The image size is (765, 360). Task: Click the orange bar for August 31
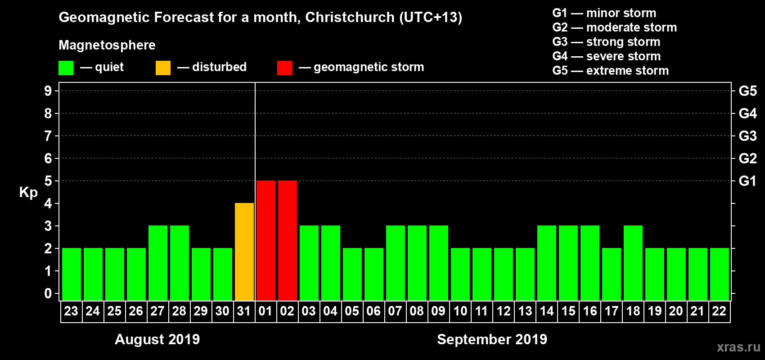pyautogui.click(x=244, y=252)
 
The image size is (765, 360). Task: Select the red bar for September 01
pyautogui.click(x=266, y=240)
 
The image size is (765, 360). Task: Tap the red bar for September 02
pyautogui.click(x=288, y=240)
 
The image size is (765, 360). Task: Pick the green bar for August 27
pyautogui.click(x=158, y=263)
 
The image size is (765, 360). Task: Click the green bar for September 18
pyautogui.click(x=633, y=263)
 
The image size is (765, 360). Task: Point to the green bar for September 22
pyautogui.click(x=720, y=274)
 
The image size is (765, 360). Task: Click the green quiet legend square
pyautogui.click(x=66, y=68)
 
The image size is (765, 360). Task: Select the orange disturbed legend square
pyautogui.click(x=163, y=68)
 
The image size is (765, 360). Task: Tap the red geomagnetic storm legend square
pyautogui.click(x=284, y=68)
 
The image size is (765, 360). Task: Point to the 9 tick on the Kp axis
pyautogui.click(x=48, y=91)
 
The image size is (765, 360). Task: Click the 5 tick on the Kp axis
pyautogui.click(x=48, y=181)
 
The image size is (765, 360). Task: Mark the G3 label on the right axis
pyautogui.click(x=747, y=136)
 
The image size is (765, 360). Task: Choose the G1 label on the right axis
pyautogui.click(x=747, y=181)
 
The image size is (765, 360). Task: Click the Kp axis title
pyautogui.click(x=28, y=193)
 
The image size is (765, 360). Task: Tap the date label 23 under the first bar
pyautogui.click(x=71, y=311)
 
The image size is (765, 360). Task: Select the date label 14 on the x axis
pyautogui.click(x=547, y=311)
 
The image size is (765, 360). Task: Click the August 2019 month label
pyautogui.click(x=157, y=339)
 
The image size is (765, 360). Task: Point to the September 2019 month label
pyautogui.click(x=492, y=339)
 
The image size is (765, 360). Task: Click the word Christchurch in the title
pyautogui.click(x=350, y=18)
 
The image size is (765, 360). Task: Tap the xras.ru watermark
pyautogui.click(x=738, y=347)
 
